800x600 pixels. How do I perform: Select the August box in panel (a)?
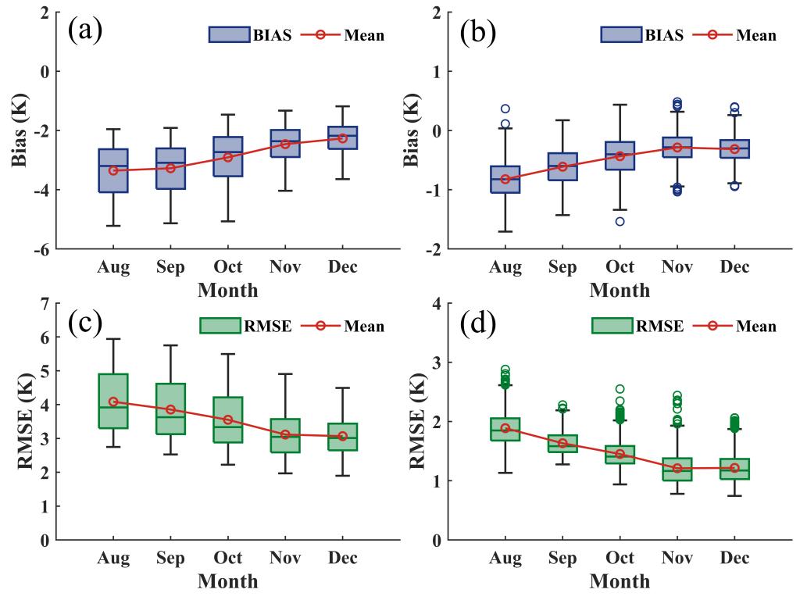click(113, 170)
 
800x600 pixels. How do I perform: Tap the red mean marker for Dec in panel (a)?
click(342, 138)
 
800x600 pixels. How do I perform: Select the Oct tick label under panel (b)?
click(620, 268)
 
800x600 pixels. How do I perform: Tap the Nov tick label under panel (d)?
click(677, 559)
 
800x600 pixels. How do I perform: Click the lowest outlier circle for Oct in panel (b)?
click(620, 221)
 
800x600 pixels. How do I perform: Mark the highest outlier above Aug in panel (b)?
click(505, 109)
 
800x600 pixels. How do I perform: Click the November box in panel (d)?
click(677, 469)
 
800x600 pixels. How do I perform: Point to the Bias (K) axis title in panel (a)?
click(20, 131)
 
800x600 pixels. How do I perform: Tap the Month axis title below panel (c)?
click(227, 581)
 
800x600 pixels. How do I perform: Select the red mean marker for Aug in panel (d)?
click(505, 428)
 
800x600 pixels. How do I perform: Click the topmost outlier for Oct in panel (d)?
click(620, 388)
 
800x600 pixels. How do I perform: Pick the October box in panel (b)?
click(620, 155)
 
